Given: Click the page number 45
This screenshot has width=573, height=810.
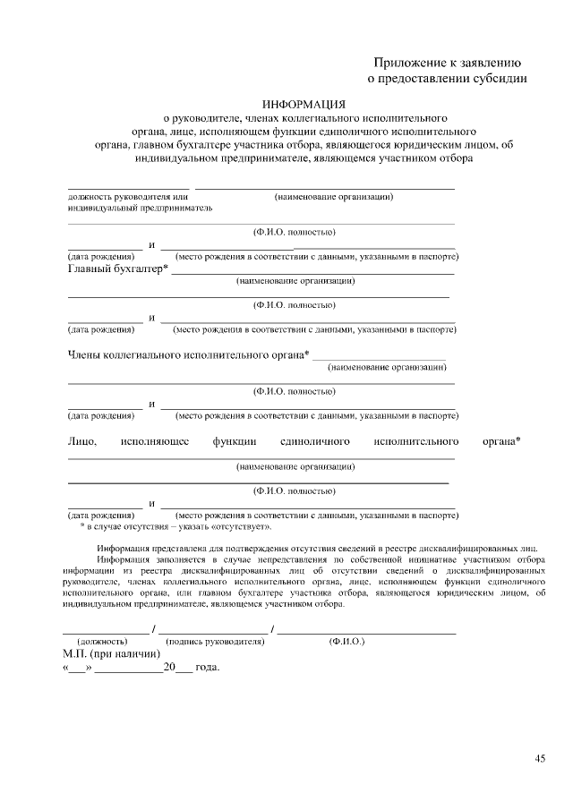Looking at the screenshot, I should click(540, 759).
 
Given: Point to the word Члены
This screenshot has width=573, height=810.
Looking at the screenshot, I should click(85, 355).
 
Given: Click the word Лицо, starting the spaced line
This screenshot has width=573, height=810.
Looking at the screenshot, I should click(81, 442).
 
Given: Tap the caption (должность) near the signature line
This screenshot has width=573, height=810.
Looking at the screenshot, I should click(102, 642).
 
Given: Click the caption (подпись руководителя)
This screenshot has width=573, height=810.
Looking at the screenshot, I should click(215, 642).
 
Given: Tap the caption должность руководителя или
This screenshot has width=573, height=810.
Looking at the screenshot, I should click(128, 196).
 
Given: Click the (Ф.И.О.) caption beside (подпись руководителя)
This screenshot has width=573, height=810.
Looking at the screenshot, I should click(346, 642).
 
